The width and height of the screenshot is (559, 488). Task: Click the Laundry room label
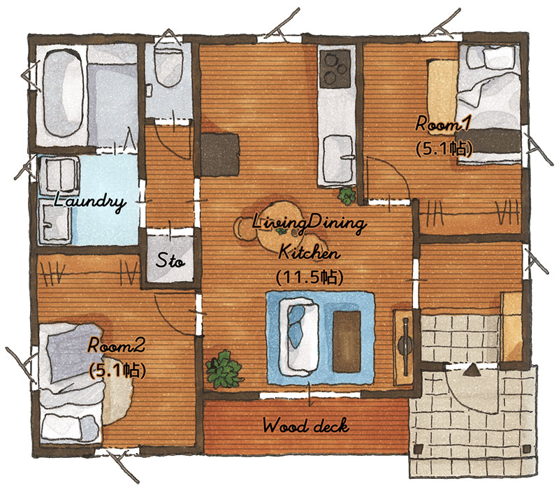pyautogui.click(x=89, y=202)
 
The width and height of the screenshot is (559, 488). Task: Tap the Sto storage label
pyautogui.click(x=170, y=260)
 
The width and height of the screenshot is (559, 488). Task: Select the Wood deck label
pyautogui.click(x=306, y=426)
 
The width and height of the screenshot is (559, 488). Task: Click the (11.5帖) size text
pyautogui.click(x=310, y=277)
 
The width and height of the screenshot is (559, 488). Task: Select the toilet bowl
pyautogui.click(x=169, y=67)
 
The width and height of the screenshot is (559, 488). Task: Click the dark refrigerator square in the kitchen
pyautogui.click(x=220, y=155)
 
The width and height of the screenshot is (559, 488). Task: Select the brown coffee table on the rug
pyautogui.click(x=347, y=341)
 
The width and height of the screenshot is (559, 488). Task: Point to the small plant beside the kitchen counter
pyautogui.click(x=347, y=196)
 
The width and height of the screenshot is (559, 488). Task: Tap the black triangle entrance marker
pyautogui.click(x=473, y=370)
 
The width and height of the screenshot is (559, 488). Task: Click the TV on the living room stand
pyautogui.click(x=405, y=346)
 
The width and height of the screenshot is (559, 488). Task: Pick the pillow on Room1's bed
pyautogui.click(x=499, y=57)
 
